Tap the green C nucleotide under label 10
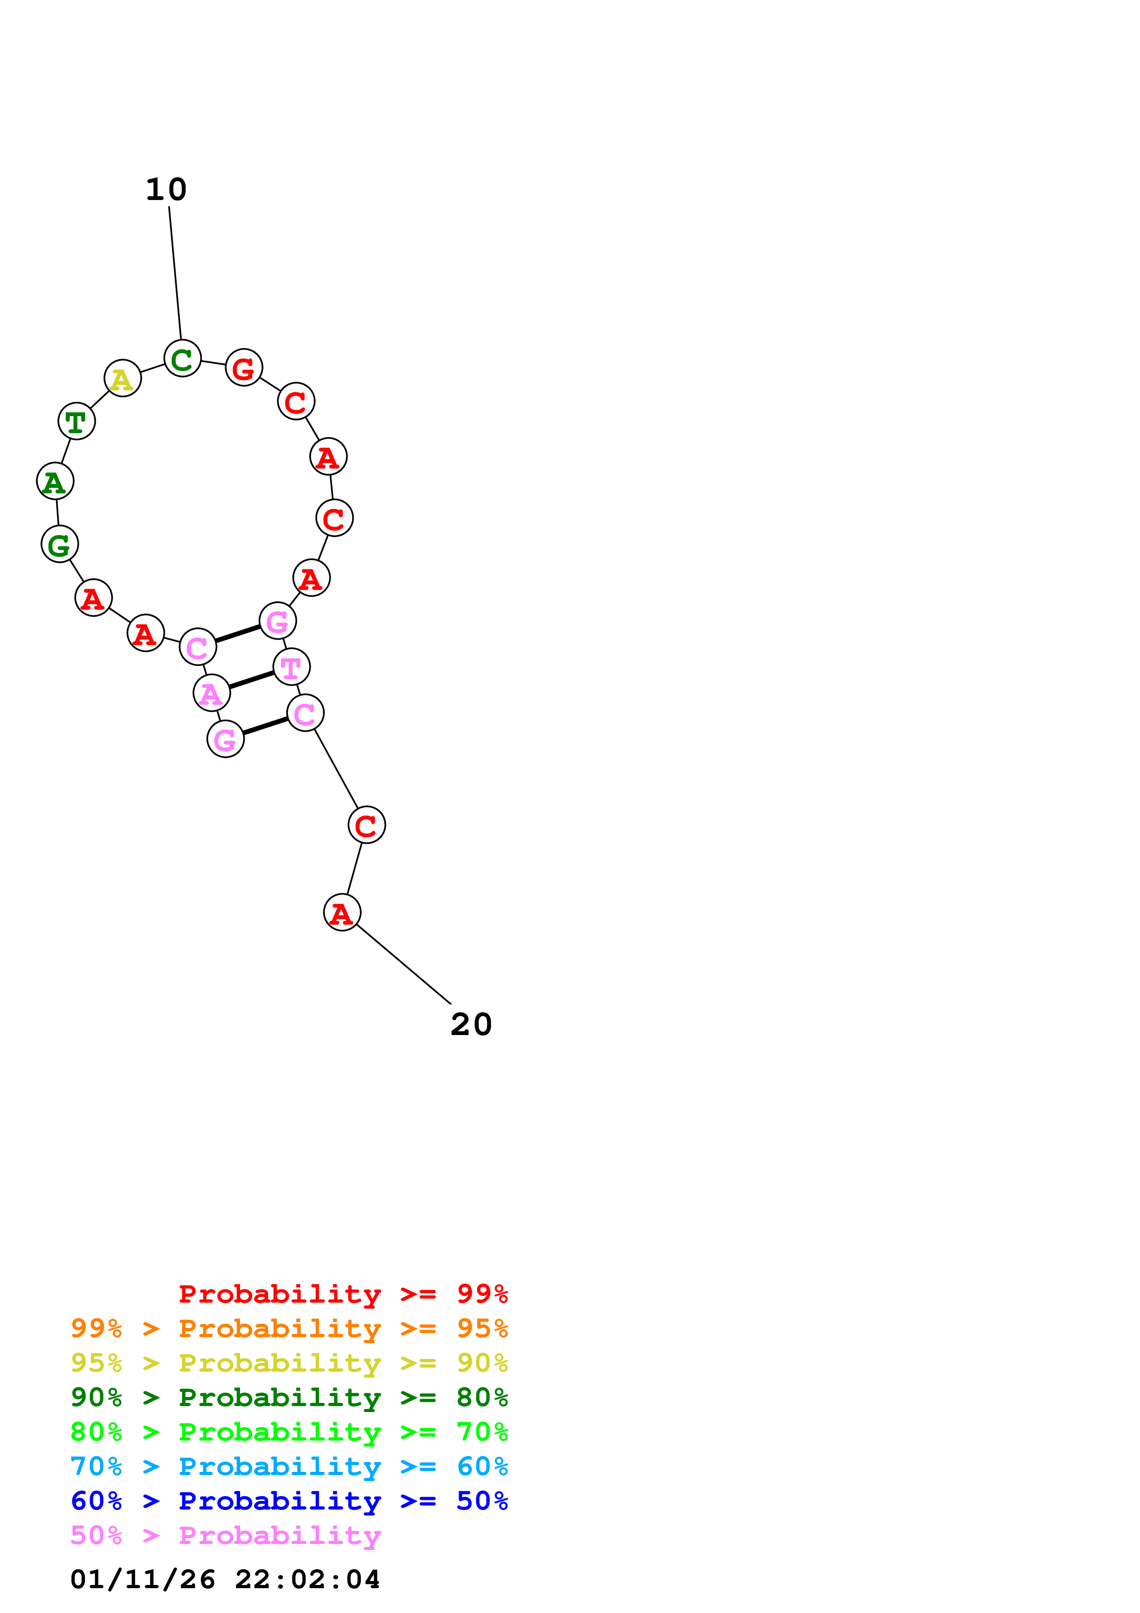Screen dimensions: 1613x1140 [182, 359]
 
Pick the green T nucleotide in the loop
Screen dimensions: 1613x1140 [76, 422]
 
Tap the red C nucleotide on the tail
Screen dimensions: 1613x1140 [367, 825]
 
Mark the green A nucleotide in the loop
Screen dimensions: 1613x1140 [55, 482]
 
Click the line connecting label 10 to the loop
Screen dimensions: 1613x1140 [175, 274]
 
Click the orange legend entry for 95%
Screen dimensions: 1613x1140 [289, 1328]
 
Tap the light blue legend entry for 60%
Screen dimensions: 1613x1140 [289, 1466]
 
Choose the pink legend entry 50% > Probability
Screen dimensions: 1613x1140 [225, 1535]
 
